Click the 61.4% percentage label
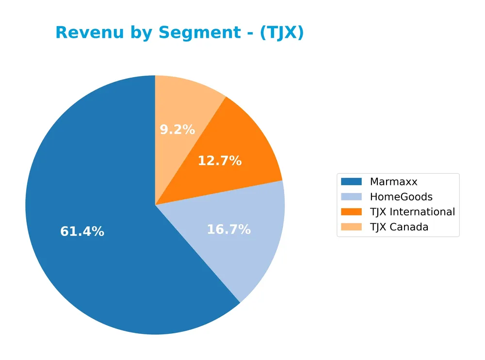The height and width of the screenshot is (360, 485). pos(82,232)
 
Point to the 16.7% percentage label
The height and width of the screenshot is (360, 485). pos(228,229)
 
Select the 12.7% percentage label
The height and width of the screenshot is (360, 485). pos(219,161)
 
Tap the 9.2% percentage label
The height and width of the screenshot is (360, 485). pos(177,130)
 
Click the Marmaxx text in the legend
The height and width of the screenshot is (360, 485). pos(393,182)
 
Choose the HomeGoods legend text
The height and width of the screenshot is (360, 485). pos(401,197)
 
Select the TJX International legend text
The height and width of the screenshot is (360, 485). pos(412,212)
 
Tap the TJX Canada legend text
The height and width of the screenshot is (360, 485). pos(399,227)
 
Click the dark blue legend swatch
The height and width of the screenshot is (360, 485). pos(351,182)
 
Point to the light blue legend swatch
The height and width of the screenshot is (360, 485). pos(351,197)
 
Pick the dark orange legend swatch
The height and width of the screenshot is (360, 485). pos(351,212)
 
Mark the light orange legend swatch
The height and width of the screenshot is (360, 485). pos(351,227)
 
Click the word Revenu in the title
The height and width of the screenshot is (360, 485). pos(87,33)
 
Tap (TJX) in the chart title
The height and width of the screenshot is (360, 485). pos(281,33)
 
